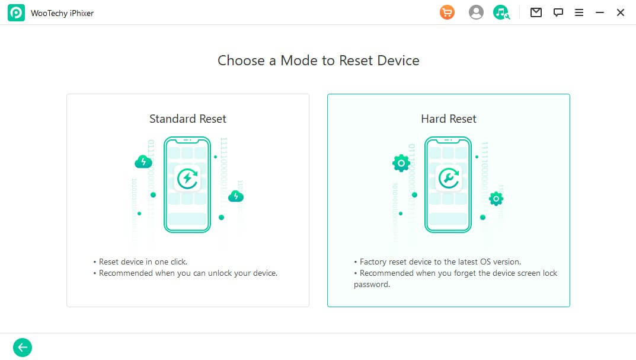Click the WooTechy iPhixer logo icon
click(x=16, y=13)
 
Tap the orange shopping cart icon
click(x=447, y=12)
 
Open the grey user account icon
click(x=476, y=12)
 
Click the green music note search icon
click(x=501, y=12)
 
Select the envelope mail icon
click(x=536, y=12)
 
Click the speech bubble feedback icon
click(x=558, y=12)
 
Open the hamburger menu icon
click(x=579, y=12)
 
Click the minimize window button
click(x=599, y=12)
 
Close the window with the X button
click(x=620, y=12)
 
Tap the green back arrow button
click(x=23, y=348)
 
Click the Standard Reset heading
click(x=188, y=119)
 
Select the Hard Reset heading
click(x=449, y=119)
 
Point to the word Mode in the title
click(x=299, y=60)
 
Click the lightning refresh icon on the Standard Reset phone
click(x=187, y=178)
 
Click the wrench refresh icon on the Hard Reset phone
click(x=448, y=178)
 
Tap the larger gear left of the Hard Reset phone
click(x=401, y=163)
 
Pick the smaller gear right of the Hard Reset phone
click(x=496, y=199)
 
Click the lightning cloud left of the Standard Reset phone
click(x=143, y=161)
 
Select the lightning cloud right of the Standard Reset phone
click(x=236, y=196)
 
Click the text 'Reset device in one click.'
click(x=143, y=262)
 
